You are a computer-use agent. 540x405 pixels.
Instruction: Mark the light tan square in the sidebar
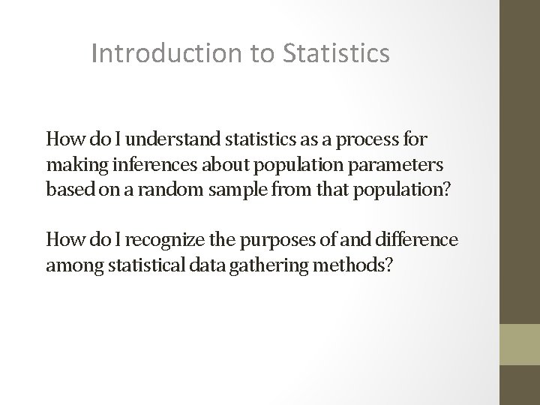click(x=519, y=343)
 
